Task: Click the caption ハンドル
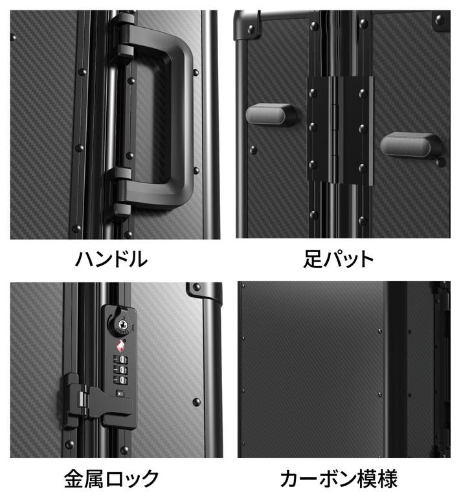pyautogui.click(x=111, y=259)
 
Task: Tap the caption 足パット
pyautogui.click(x=339, y=259)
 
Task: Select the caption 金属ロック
pyautogui.click(x=111, y=479)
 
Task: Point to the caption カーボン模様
pyautogui.click(x=339, y=479)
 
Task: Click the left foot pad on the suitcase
pyautogui.click(x=271, y=114)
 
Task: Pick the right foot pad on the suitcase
pyautogui.click(x=410, y=145)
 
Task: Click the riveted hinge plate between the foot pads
pyautogui.click(x=340, y=130)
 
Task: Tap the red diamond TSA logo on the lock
pyautogui.click(x=120, y=346)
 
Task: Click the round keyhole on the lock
pyautogui.click(x=122, y=324)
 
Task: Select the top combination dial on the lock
pyautogui.click(x=120, y=360)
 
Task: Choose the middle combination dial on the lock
pyautogui.click(x=120, y=370)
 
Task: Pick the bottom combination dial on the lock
pyautogui.click(x=120, y=380)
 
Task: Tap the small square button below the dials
pyautogui.click(x=120, y=394)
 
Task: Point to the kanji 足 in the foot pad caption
pyautogui.click(x=313, y=259)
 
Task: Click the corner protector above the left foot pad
pyautogui.click(x=247, y=25)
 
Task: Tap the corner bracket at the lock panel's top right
pyautogui.click(x=205, y=291)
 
